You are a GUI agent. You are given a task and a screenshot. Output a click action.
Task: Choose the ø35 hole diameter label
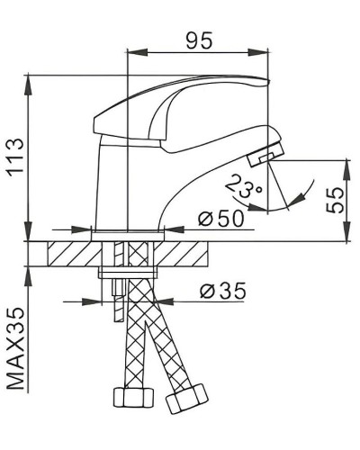click(x=221, y=292)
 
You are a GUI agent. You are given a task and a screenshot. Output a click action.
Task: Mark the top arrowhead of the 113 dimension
click(x=31, y=79)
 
